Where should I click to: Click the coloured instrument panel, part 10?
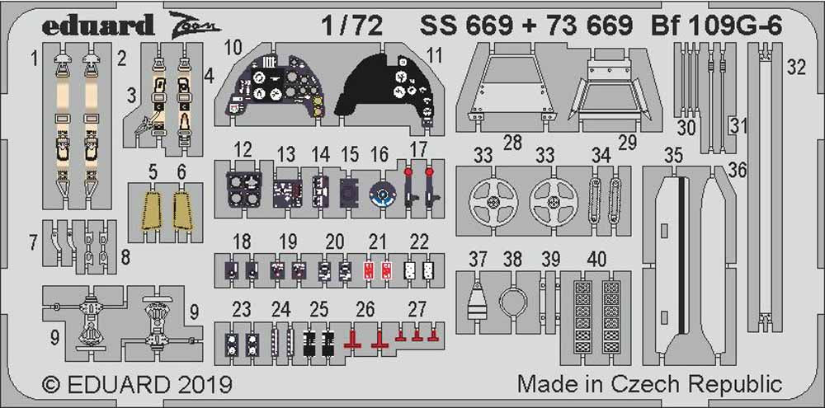tap(273, 88)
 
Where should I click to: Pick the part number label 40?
tap(596, 260)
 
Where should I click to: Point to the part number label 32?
tap(795, 68)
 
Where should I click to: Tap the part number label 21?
tap(378, 242)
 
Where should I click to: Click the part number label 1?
tap(35, 58)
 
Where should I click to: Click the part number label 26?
tap(365, 309)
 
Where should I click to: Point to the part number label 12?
tap(242, 150)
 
